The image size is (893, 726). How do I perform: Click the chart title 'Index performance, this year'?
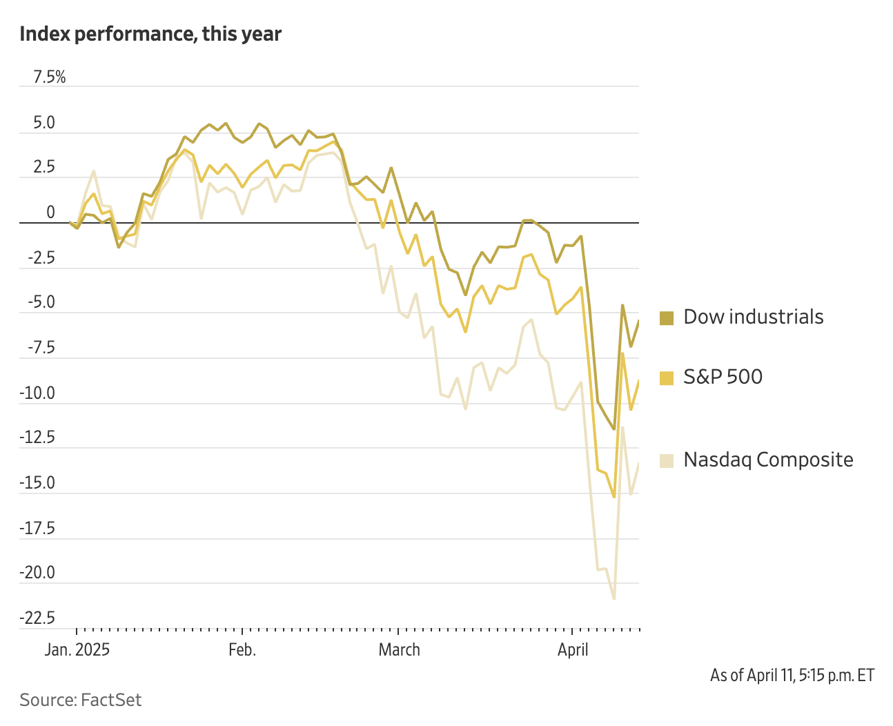pos(150,34)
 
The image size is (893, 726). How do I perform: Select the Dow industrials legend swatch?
pos(666,317)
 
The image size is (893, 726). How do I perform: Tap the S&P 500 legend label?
pos(723,377)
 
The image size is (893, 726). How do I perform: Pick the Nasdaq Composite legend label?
pos(768,460)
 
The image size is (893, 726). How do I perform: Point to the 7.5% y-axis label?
pos(50,77)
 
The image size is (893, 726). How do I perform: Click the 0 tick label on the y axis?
pos(50,213)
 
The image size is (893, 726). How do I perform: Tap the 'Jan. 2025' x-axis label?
pos(77,650)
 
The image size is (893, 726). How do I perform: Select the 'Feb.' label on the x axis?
pos(242,650)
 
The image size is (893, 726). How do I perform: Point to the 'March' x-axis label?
pos(399,650)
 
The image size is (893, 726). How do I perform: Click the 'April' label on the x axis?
pos(573,650)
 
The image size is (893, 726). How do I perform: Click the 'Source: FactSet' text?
pos(80,700)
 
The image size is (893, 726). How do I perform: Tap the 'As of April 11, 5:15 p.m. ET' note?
pos(792,675)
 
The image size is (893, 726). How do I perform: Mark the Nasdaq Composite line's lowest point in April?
pos(614,598)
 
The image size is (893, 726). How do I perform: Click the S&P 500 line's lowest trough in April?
pos(614,497)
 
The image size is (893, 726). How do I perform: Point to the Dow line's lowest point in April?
pos(614,429)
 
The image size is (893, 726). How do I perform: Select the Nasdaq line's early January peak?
pos(94,171)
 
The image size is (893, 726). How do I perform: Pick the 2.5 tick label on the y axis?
pos(44,168)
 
